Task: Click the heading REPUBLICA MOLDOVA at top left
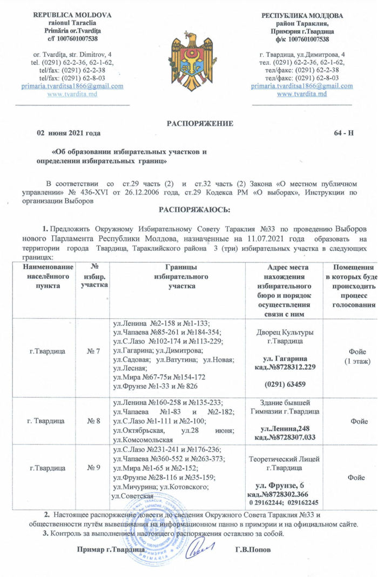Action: [x=72, y=15]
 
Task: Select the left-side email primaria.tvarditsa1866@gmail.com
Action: [x=72, y=86]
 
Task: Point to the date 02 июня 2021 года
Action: [x=68, y=133]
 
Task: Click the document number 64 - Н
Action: [x=340, y=133]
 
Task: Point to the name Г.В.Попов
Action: [x=254, y=550]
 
